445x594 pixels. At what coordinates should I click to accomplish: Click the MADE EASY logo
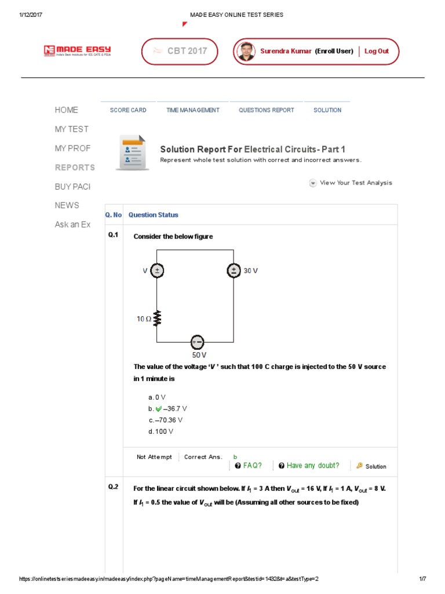(x=77, y=51)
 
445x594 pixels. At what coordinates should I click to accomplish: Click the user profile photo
(x=246, y=51)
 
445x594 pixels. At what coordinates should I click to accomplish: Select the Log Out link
(x=376, y=51)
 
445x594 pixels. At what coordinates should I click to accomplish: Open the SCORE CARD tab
(x=128, y=110)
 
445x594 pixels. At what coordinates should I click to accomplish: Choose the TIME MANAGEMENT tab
(x=192, y=110)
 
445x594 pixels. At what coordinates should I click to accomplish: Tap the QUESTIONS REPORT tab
(x=266, y=110)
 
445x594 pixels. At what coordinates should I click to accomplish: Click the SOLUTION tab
(x=327, y=110)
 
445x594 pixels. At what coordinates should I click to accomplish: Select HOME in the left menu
(x=66, y=110)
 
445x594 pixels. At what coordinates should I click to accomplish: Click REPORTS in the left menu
(x=75, y=167)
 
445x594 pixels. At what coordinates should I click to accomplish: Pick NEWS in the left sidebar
(x=67, y=205)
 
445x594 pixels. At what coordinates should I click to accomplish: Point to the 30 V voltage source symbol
(x=234, y=271)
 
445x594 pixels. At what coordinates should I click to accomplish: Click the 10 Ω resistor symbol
(x=157, y=318)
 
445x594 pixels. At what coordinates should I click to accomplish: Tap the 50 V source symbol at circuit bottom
(x=198, y=342)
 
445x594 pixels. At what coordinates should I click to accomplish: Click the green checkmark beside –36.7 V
(x=158, y=408)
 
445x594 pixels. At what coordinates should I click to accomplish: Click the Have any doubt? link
(x=312, y=466)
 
